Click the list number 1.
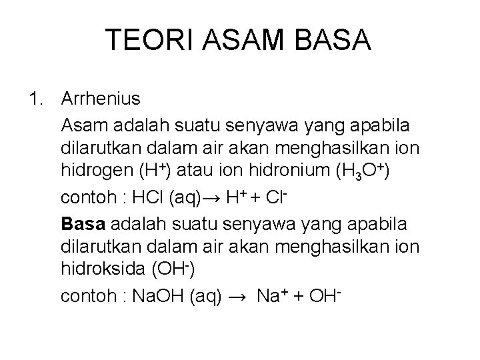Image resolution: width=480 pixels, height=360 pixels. click(x=37, y=100)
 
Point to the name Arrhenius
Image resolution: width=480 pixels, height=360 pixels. click(x=101, y=100)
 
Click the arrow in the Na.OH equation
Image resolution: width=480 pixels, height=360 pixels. click(x=238, y=296)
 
